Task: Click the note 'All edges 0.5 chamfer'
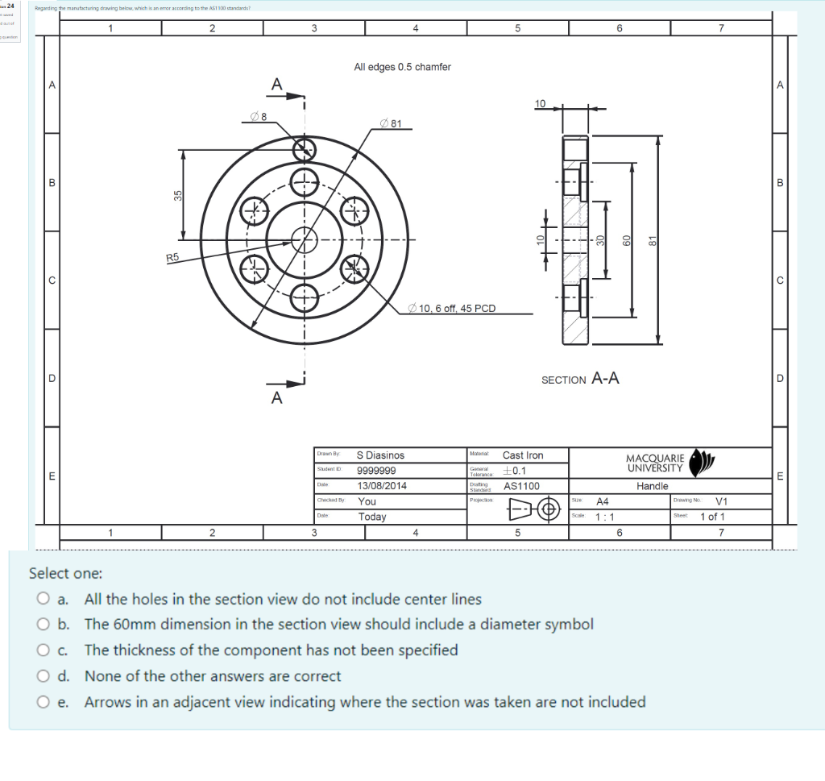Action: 402,67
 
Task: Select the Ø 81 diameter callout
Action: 396,123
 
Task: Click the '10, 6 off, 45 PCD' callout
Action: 452,308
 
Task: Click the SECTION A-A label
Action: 580,379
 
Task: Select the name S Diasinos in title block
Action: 380,455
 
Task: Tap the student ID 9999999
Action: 375,471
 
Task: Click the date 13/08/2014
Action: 382,486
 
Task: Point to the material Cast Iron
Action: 523,455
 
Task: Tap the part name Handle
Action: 652,486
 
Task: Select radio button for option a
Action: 43,599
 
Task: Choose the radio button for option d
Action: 43,676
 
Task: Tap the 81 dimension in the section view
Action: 654,239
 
